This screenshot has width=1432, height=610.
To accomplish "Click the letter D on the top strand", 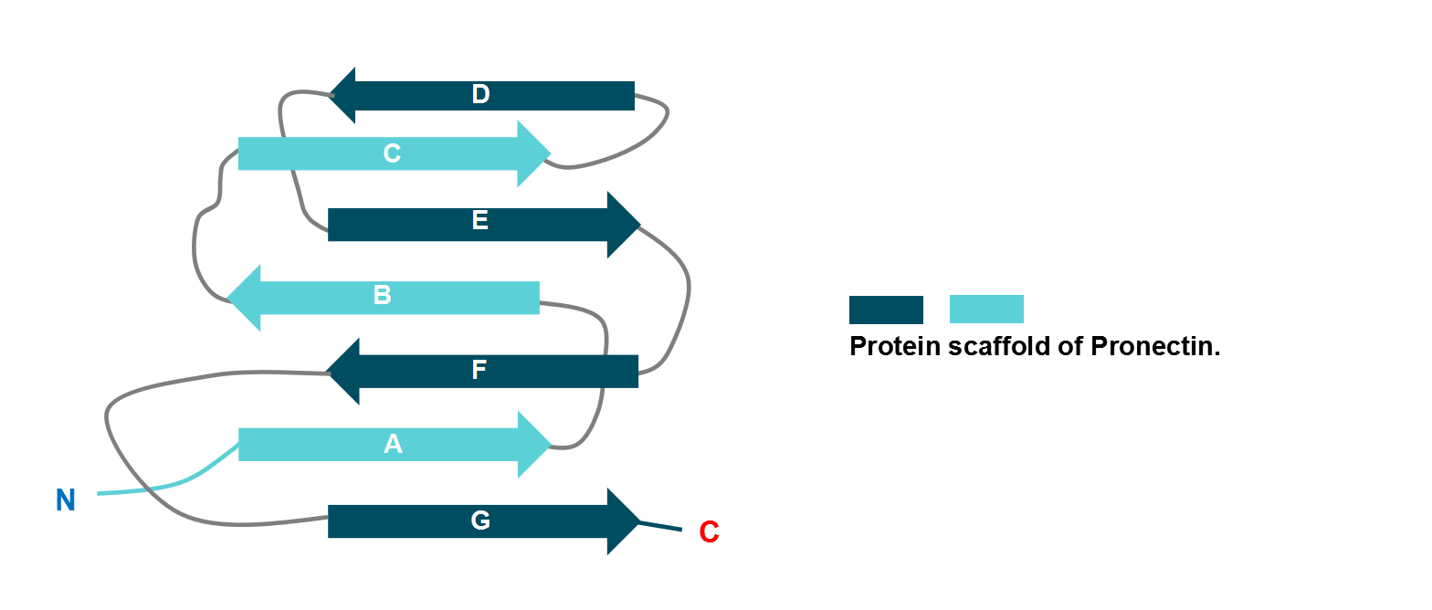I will point(480,95).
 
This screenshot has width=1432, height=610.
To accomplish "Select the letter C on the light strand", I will point(392,153).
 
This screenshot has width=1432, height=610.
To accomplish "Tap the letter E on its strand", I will point(479,221).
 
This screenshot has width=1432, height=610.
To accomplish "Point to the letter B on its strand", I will point(382,296).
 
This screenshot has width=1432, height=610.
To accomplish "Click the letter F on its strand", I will point(479,371).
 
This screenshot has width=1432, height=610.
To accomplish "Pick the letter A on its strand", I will point(393,445).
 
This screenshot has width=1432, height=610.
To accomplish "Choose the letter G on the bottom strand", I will point(480,521).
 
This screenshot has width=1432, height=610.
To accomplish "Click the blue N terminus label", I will point(65,500).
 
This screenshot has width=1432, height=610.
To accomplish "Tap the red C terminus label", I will point(709,532).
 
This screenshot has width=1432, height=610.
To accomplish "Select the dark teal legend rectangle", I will point(886,310).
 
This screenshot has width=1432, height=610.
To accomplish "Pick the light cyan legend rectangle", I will point(986,310).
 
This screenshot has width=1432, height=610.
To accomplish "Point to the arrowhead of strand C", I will point(533,153).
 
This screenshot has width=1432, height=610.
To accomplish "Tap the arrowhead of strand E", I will point(623,225).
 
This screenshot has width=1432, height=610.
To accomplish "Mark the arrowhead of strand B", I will point(245,298).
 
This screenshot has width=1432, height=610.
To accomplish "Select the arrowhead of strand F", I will point(343,371).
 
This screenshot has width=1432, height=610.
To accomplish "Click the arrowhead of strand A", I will point(534,445).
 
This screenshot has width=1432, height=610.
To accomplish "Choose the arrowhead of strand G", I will point(623,521).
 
